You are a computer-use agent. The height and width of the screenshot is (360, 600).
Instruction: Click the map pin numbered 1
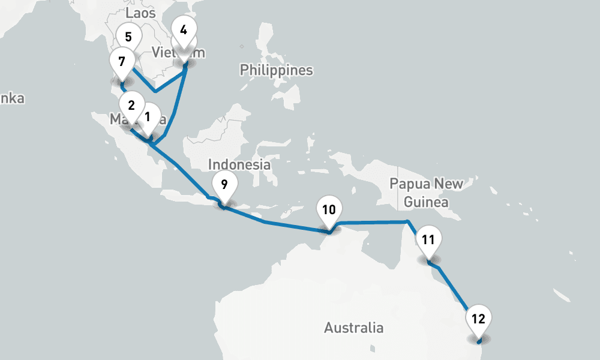click(x=148, y=115)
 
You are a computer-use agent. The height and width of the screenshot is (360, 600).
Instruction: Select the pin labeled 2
click(x=131, y=104)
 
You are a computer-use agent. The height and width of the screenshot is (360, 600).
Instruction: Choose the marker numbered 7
click(x=122, y=62)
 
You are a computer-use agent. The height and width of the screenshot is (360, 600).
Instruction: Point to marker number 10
click(x=328, y=210)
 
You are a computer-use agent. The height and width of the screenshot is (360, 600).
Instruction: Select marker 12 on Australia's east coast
click(x=478, y=319)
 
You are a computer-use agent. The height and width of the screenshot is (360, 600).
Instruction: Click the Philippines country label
click(x=276, y=70)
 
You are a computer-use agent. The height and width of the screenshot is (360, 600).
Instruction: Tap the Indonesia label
click(x=239, y=164)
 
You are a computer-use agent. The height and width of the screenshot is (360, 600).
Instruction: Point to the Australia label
click(x=353, y=328)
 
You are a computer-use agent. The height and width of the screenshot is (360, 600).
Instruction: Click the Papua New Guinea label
click(x=426, y=193)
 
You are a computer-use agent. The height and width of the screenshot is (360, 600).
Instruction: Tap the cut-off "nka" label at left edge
click(x=12, y=98)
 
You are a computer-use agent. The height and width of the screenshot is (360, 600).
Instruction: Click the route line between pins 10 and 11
click(x=372, y=223)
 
